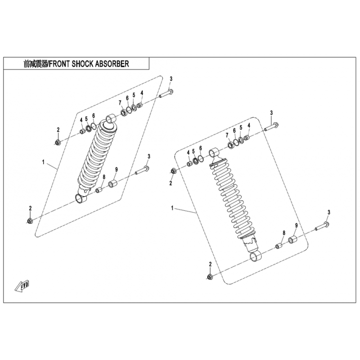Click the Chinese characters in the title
pyautogui.click(x=35, y=64)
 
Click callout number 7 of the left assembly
pyautogui.click(x=120, y=103)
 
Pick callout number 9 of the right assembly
pyautogui.click(x=296, y=225)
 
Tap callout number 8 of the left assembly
pyautogui.click(x=104, y=177)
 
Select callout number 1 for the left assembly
pyautogui.click(x=43, y=162)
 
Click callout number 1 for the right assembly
pyautogui.click(x=172, y=208)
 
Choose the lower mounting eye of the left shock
pyautogui.click(x=81, y=198)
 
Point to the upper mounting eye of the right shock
pyautogui.click(x=214, y=153)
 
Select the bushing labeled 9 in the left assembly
pyautogui.click(x=113, y=184)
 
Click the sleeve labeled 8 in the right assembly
pyautogui.click(x=279, y=246)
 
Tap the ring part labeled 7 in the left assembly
pyautogui.click(x=124, y=113)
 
